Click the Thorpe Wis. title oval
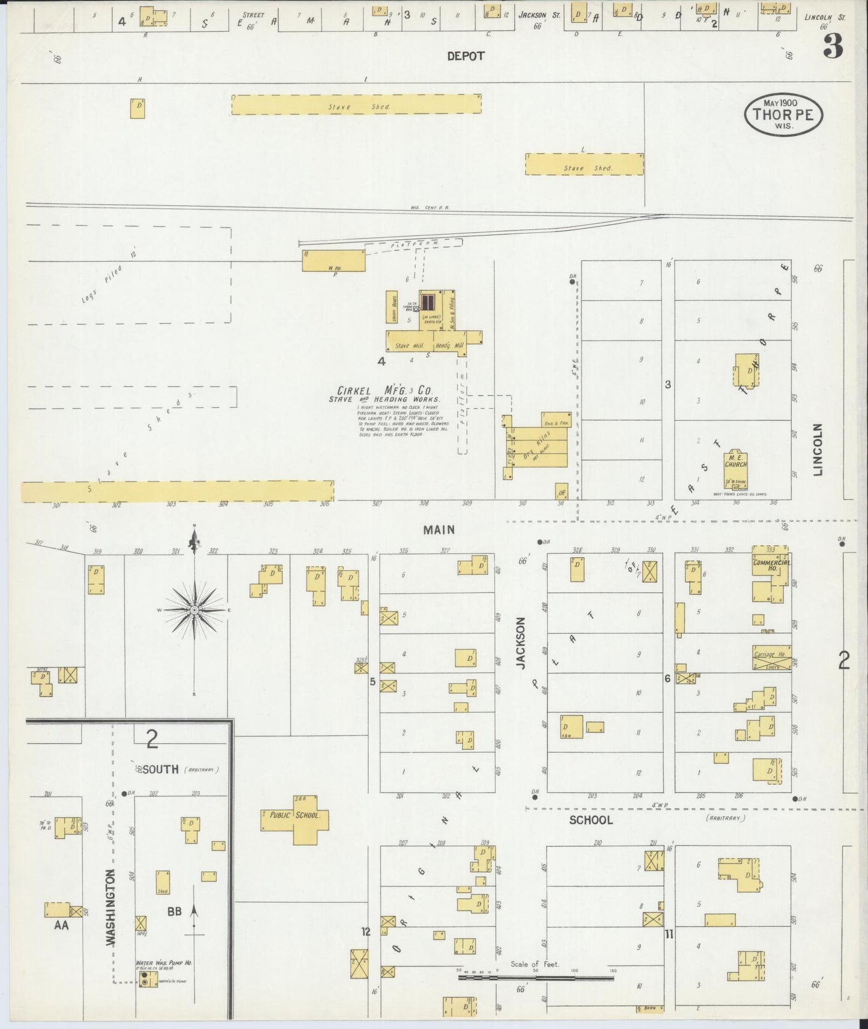pos(783,114)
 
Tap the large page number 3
pos(833,46)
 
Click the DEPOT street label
pos(466,56)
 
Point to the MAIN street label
pos(439,530)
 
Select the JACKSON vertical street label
pos(521,643)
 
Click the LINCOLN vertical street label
pos(817,450)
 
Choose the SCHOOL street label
pos(591,820)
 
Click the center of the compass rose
pos(194,610)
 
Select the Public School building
pos(295,818)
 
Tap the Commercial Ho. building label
pos(771,564)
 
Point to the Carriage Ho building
pos(772,657)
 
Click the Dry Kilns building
pos(536,448)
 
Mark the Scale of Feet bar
pos(535,977)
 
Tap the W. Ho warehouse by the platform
pos(333,261)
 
